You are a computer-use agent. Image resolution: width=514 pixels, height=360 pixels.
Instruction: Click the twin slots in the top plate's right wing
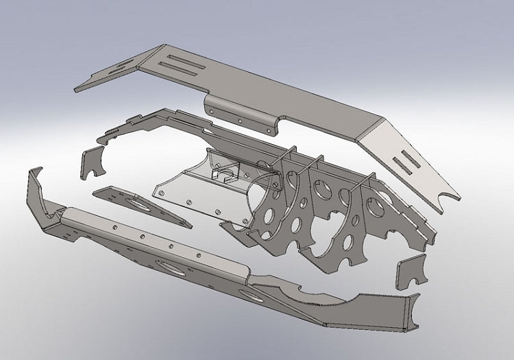408,162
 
